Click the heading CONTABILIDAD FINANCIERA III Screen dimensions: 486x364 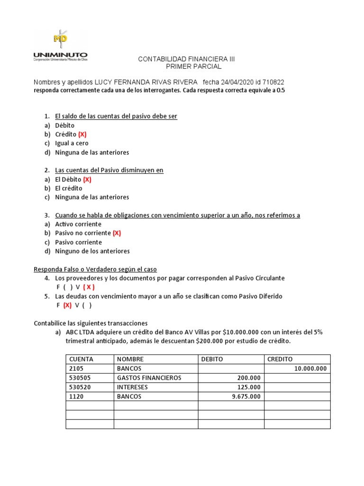(x=186, y=59)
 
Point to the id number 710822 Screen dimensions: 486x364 (x=274, y=82)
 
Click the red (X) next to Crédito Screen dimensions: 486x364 (x=82, y=134)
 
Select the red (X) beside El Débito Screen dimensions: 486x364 (x=87, y=179)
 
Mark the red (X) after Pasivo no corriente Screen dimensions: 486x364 (x=117, y=233)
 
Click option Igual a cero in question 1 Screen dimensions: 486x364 (x=72, y=143)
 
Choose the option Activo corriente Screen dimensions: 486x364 (x=78, y=224)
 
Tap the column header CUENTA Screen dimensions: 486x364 (x=81, y=359)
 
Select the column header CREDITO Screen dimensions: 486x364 (x=280, y=359)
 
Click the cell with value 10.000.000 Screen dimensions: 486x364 (x=308, y=369)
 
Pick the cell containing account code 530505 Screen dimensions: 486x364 (x=79, y=378)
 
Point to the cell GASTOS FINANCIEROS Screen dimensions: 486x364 (x=149, y=378)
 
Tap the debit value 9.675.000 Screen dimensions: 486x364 (x=246, y=396)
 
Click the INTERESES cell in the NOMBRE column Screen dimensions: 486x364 (x=132, y=387)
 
